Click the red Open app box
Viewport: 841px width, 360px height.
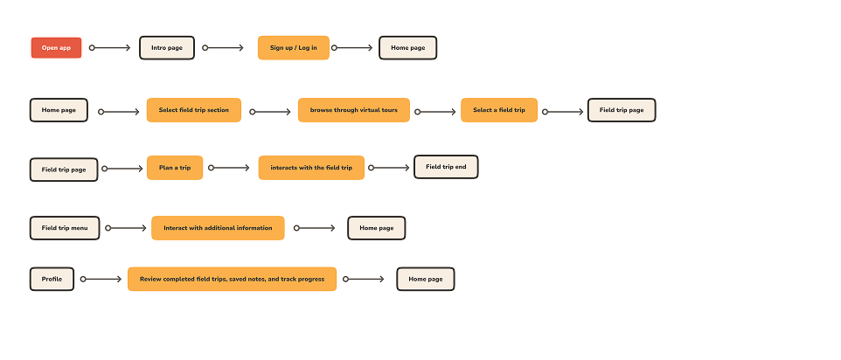56,48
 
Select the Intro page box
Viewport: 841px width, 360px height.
166,48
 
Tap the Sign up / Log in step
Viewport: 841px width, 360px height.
293,48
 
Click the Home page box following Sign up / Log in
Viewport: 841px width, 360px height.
407,48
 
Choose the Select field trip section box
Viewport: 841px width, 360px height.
193,110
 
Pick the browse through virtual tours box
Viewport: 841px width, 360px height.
353,110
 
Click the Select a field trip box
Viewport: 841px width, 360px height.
498,110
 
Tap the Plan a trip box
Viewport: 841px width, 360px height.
175,167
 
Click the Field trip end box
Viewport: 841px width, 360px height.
446,166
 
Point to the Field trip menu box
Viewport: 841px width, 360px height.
65,228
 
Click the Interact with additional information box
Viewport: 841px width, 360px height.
218,228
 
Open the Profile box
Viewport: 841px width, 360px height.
52,280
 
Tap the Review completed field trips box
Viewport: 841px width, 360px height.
232,280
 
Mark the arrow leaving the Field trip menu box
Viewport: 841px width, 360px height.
127,228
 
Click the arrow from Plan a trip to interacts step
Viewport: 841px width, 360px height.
230,168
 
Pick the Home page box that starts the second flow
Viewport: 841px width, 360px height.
59,110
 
